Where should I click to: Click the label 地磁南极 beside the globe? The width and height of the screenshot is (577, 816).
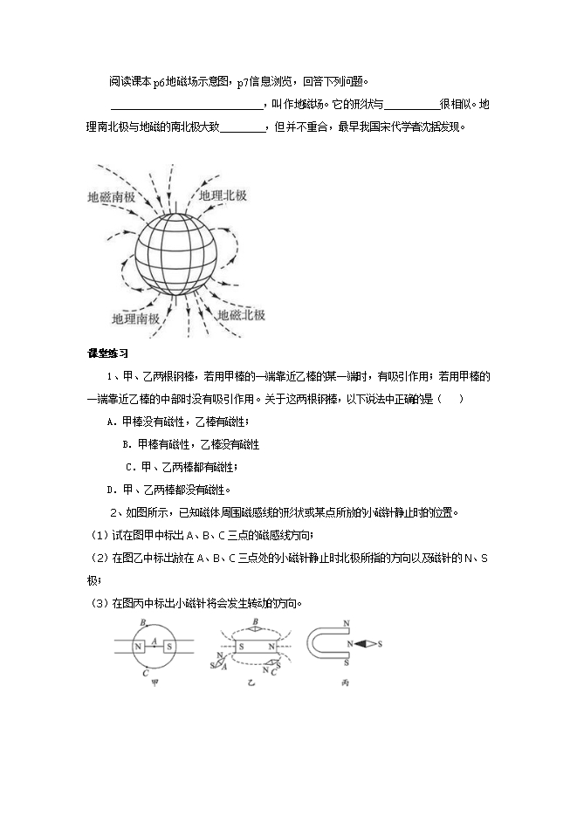click(111, 197)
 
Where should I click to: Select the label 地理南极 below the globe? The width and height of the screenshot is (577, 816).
click(136, 319)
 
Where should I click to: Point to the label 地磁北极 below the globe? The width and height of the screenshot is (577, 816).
click(241, 315)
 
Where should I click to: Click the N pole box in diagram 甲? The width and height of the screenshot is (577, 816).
click(139, 646)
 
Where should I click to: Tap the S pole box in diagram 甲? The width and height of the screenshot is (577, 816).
click(168, 646)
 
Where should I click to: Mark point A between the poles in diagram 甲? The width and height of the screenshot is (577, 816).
click(154, 642)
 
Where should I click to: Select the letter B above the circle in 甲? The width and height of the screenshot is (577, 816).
click(142, 622)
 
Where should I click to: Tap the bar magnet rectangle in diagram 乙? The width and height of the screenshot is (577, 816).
click(254, 646)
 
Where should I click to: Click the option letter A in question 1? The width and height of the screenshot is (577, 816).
click(111, 422)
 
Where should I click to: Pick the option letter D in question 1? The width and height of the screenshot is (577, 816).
click(111, 489)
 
